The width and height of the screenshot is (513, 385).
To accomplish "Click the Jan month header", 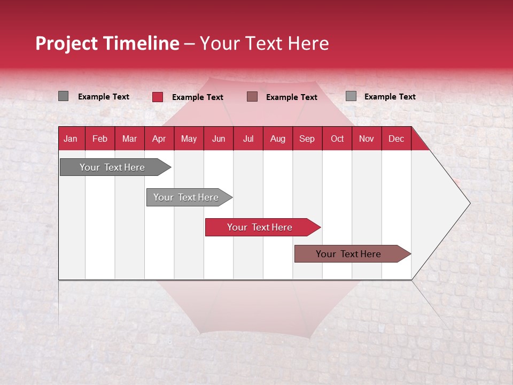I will click(71, 139).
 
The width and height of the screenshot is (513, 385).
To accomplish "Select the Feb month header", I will click(100, 139).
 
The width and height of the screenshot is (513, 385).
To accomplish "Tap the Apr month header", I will click(159, 139).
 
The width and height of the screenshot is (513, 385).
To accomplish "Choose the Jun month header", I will click(219, 139).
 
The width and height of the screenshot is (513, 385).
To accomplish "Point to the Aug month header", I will click(277, 139).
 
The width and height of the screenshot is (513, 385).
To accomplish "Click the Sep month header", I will click(307, 139).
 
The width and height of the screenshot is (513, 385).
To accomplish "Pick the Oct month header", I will click(337, 139).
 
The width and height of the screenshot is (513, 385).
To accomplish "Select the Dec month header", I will click(396, 139).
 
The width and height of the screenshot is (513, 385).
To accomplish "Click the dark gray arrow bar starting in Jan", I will click(112, 167).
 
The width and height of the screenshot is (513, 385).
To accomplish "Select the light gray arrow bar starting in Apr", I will click(186, 197).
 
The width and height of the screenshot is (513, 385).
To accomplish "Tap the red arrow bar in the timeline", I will click(260, 227).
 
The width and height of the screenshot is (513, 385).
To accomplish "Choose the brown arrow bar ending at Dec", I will click(348, 254).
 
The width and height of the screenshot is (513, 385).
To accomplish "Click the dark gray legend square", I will click(63, 96).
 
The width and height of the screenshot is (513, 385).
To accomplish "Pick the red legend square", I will click(157, 97).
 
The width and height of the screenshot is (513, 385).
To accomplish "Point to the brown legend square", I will click(252, 97).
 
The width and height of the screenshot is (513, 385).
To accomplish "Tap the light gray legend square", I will click(351, 96).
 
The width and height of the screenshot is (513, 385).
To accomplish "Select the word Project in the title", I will click(67, 43).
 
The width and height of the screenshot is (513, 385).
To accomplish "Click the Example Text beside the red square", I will click(198, 97).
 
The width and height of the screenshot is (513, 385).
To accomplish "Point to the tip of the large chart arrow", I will click(469, 203).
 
